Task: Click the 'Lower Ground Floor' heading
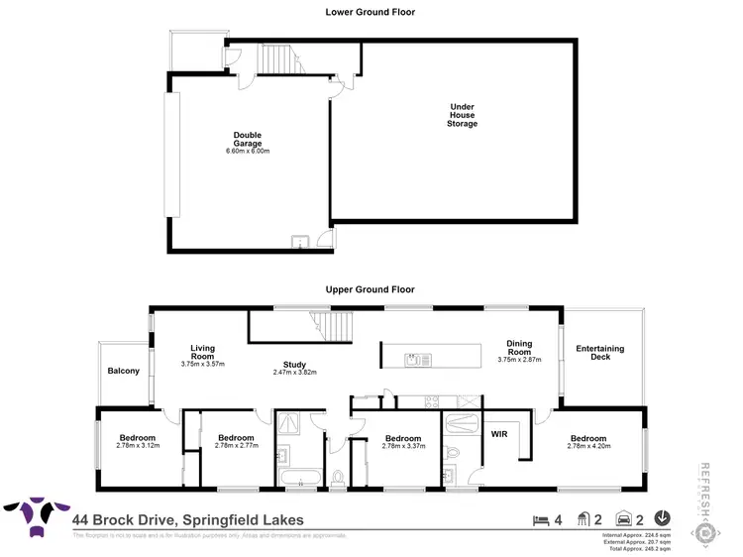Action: coord(371,12)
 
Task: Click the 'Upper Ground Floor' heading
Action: coord(371,289)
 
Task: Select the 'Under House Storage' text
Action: coord(462,114)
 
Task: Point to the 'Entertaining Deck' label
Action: coord(600,351)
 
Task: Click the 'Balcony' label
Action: coord(124,372)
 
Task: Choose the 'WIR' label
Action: coord(498,433)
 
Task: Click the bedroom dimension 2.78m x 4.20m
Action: coord(589,446)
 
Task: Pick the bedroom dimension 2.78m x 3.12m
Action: coord(137,446)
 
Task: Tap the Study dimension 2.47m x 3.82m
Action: coord(295,373)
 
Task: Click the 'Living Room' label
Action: coord(203,353)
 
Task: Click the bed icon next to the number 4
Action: coord(539,519)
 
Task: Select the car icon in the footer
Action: coord(625,519)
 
